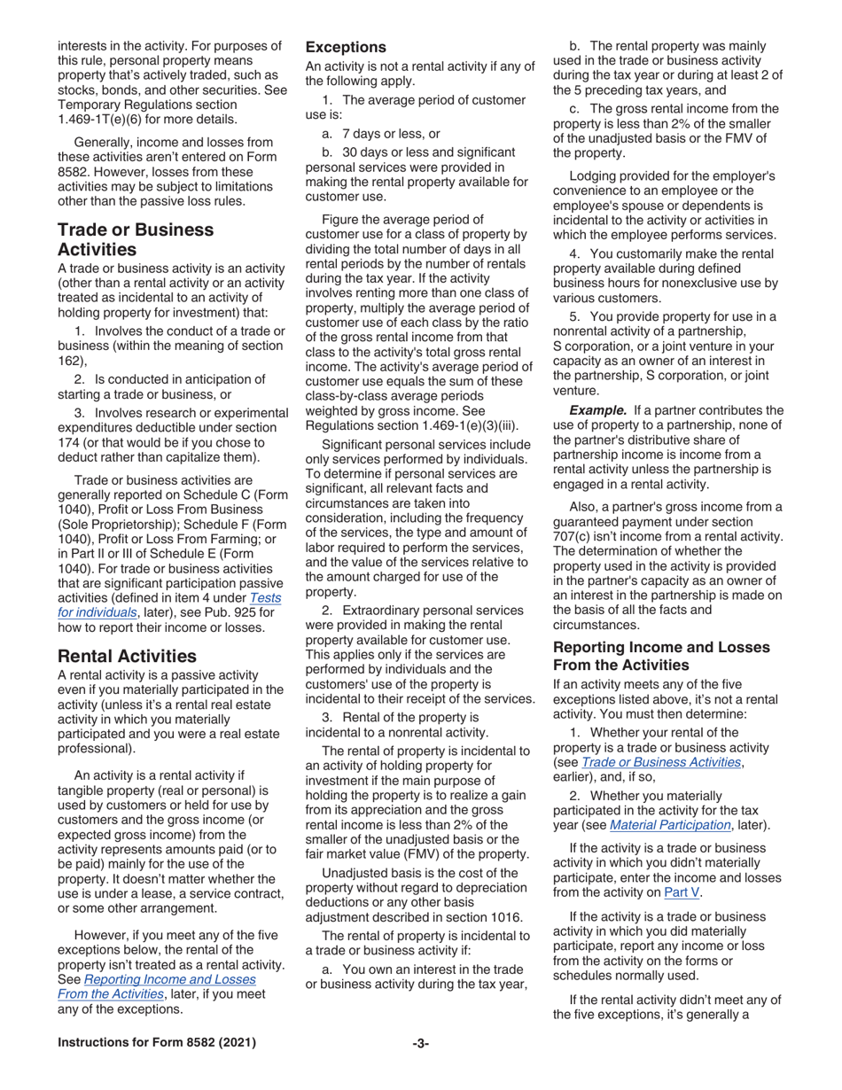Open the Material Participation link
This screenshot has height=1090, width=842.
pos(663,825)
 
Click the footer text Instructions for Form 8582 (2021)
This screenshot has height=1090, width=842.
pos(157,1043)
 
